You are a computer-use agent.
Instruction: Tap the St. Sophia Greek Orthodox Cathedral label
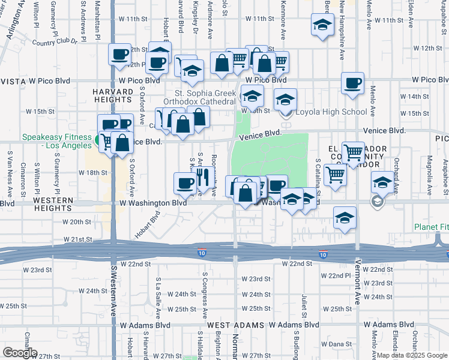coord(205,97)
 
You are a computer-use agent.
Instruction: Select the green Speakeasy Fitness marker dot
coord(97,141)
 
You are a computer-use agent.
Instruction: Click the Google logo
coord(19,353)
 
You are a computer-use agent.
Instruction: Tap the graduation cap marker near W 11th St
coord(322,25)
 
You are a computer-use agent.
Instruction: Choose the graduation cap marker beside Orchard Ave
coord(382,181)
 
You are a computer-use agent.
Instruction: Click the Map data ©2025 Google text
coord(412,355)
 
